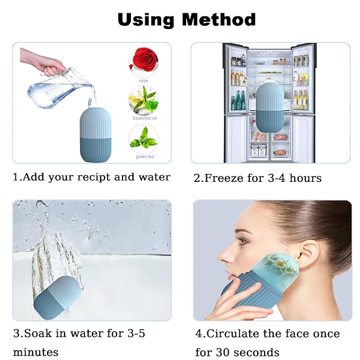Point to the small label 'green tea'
145,156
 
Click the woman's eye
242,241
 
